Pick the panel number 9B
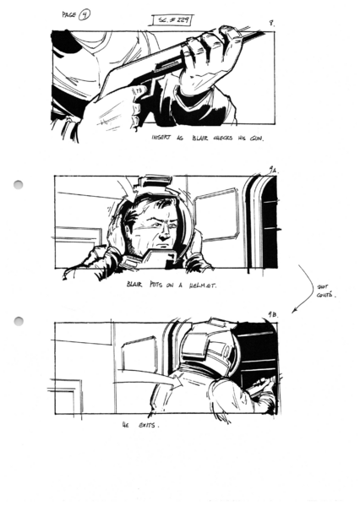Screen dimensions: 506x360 pos(272,315)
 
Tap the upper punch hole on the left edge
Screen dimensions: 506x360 pos(19,184)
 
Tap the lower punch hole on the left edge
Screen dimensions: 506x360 pos(19,321)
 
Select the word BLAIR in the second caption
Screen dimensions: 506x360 pos(134,286)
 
